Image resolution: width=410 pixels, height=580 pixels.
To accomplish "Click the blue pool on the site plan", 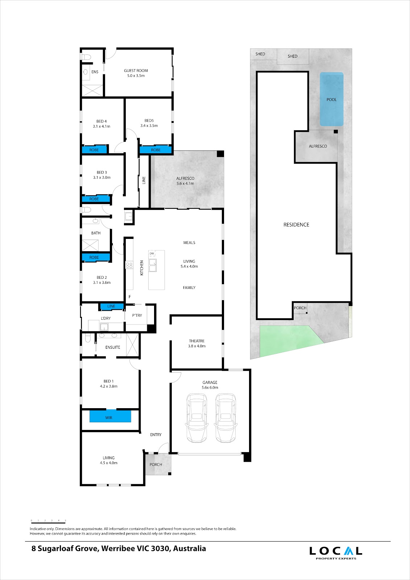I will (331, 99).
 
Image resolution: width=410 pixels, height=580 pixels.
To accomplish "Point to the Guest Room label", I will (136, 73).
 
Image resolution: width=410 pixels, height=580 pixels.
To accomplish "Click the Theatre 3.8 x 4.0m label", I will (196, 343).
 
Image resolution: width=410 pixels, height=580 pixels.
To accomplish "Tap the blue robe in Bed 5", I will (156, 150).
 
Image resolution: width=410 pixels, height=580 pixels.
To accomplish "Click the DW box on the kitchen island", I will (152, 253).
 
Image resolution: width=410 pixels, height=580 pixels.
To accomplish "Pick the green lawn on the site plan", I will (286, 339).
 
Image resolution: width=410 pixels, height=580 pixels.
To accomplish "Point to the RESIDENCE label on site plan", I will (296, 225).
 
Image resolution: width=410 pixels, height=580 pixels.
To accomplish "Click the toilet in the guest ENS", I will (86, 57).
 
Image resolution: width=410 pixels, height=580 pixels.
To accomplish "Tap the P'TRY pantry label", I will (137, 315).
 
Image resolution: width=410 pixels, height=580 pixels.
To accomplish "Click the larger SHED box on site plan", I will (293, 56).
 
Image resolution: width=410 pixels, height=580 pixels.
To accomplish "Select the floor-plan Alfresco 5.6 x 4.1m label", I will (185, 181).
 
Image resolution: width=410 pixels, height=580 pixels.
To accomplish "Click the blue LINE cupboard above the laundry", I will (111, 306).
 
